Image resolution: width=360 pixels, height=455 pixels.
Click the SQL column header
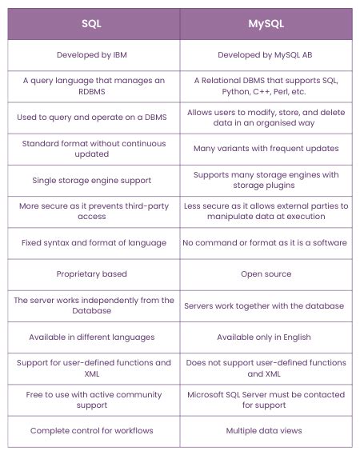point(92,24)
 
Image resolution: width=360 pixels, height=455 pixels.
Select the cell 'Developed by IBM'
point(92,55)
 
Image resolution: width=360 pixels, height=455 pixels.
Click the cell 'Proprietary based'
point(92,273)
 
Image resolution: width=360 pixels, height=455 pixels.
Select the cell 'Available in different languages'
point(92,337)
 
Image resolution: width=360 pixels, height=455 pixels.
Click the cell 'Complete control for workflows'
point(92,430)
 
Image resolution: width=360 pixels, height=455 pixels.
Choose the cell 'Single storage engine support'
point(92,180)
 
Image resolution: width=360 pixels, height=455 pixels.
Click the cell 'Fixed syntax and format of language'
point(92,242)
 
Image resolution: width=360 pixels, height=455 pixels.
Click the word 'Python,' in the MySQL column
point(207,92)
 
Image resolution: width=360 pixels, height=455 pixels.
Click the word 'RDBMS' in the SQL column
point(92,92)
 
